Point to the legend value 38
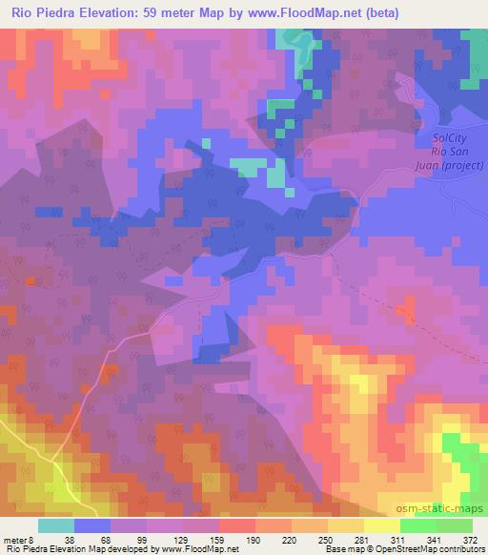[56, 539]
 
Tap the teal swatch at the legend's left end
[56, 525]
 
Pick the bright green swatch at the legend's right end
[454, 525]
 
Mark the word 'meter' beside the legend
[15, 539]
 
